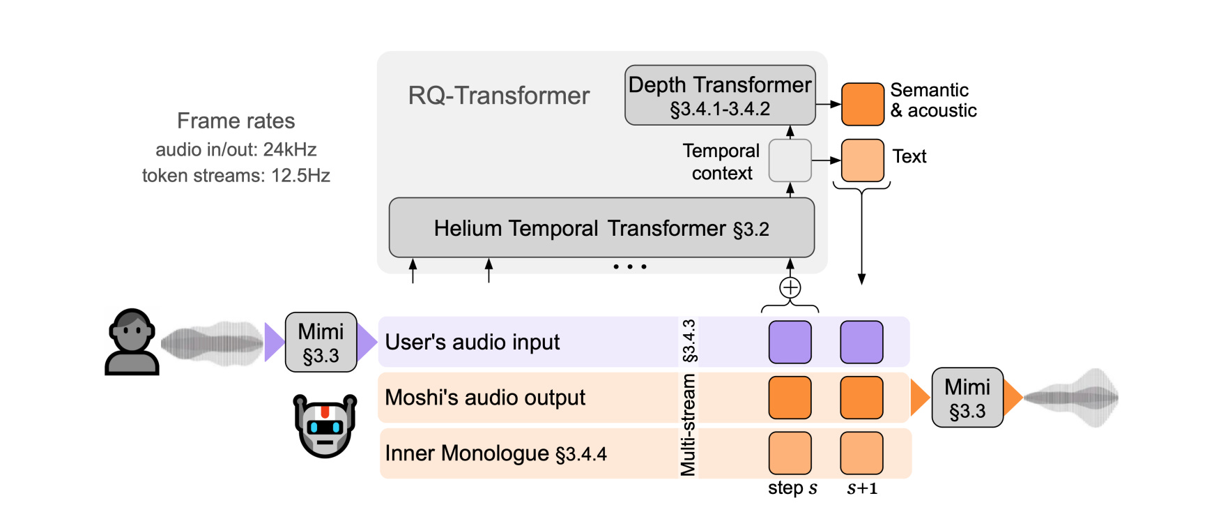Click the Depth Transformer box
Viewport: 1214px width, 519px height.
[719, 96]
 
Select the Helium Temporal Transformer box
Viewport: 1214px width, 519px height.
[601, 228]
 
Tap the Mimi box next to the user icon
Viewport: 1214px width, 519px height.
[321, 342]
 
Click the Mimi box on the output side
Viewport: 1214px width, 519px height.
[967, 398]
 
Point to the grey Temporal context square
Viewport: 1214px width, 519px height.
[790, 160]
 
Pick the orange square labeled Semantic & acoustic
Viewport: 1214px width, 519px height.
[862, 104]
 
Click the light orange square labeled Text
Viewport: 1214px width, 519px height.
[862, 160]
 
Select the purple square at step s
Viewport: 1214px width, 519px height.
[790, 342]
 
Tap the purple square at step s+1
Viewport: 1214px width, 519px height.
[861, 342]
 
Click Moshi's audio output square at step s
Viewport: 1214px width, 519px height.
[790, 398]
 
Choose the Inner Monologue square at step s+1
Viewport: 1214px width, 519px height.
[861, 453]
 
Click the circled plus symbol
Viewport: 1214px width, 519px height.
[790, 287]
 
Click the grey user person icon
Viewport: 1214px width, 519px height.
[132, 342]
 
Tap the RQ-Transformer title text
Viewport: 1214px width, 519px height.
[498, 96]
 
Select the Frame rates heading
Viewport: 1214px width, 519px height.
[236, 121]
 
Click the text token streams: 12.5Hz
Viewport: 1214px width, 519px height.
[236, 175]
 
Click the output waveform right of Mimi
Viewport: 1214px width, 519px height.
[1072, 398]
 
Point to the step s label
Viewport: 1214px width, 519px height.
[792, 488]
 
